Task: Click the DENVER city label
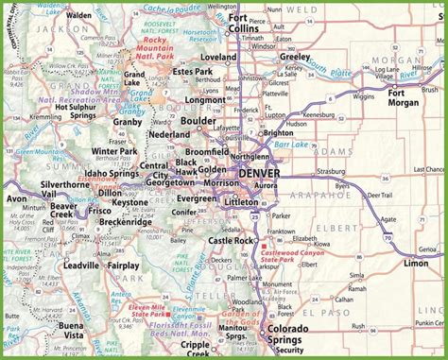[265, 173]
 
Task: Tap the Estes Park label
[192, 72]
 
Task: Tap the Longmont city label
[205, 97]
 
